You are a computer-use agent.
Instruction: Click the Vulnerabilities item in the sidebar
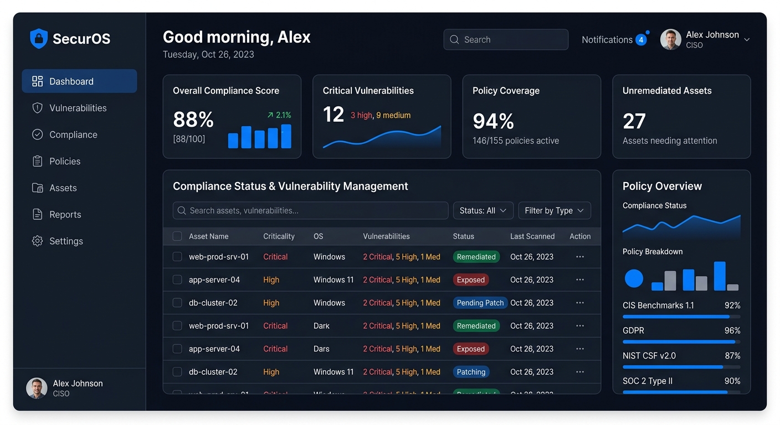click(78, 108)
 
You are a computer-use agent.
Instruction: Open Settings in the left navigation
click(65, 241)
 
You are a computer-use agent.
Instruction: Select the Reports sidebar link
click(65, 215)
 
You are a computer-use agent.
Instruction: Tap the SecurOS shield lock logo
click(39, 39)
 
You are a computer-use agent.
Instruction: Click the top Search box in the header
click(505, 40)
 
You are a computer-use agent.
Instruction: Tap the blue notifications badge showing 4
click(641, 40)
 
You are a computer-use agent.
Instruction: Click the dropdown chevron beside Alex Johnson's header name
click(747, 40)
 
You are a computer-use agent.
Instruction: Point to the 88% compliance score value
click(193, 120)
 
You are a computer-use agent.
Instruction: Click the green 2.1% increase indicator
click(279, 115)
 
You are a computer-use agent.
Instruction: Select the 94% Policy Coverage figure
click(493, 121)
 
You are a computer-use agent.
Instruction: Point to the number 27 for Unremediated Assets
click(634, 121)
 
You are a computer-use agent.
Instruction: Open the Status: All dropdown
click(483, 211)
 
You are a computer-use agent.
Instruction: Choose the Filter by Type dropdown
click(554, 211)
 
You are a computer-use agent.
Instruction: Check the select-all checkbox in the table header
click(177, 236)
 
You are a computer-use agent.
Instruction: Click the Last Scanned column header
click(532, 236)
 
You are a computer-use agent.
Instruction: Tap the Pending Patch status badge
click(480, 303)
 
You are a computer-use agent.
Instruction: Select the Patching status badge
click(471, 372)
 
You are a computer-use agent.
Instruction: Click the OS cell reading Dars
click(321, 349)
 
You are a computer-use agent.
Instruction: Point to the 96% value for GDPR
click(732, 330)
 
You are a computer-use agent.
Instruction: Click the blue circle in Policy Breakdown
click(634, 278)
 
